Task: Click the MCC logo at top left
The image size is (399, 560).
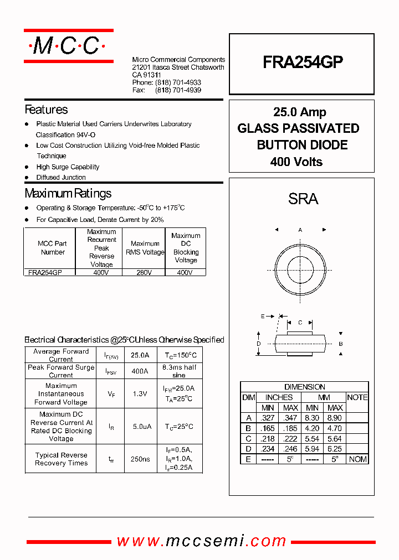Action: click(68, 46)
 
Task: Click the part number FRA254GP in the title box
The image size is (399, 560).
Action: click(303, 63)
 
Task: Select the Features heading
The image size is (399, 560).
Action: click(47, 110)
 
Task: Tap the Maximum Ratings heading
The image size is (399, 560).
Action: click(68, 193)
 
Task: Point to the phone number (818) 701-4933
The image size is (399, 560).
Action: click(178, 82)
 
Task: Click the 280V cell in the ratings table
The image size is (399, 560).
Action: click(145, 273)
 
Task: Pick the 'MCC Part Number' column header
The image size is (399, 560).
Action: click(53, 248)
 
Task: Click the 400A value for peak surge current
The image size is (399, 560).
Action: click(140, 371)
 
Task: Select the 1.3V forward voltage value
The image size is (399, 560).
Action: click(140, 394)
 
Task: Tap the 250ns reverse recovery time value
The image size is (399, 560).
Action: click(140, 459)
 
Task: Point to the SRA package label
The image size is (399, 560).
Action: click(303, 199)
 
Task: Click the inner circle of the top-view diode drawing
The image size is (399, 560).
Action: click(300, 270)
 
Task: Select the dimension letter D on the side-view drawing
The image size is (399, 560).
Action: click(258, 344)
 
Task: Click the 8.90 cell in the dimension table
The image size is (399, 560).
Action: click(335, 418)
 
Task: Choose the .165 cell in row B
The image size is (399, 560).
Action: click(268, 428)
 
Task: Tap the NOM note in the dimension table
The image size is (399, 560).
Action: click(357, 459)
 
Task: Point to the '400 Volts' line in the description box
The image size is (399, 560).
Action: click(296, 162)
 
